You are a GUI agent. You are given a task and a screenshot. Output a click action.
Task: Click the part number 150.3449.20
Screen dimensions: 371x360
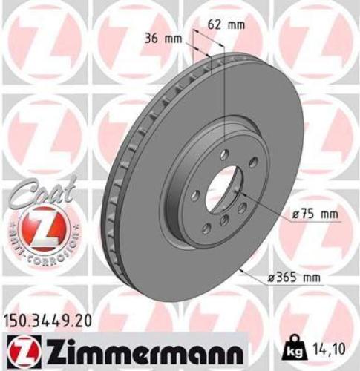[x=50, y=321]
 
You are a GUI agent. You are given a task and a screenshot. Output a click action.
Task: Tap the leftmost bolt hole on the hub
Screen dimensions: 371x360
[x=194, y=196]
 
